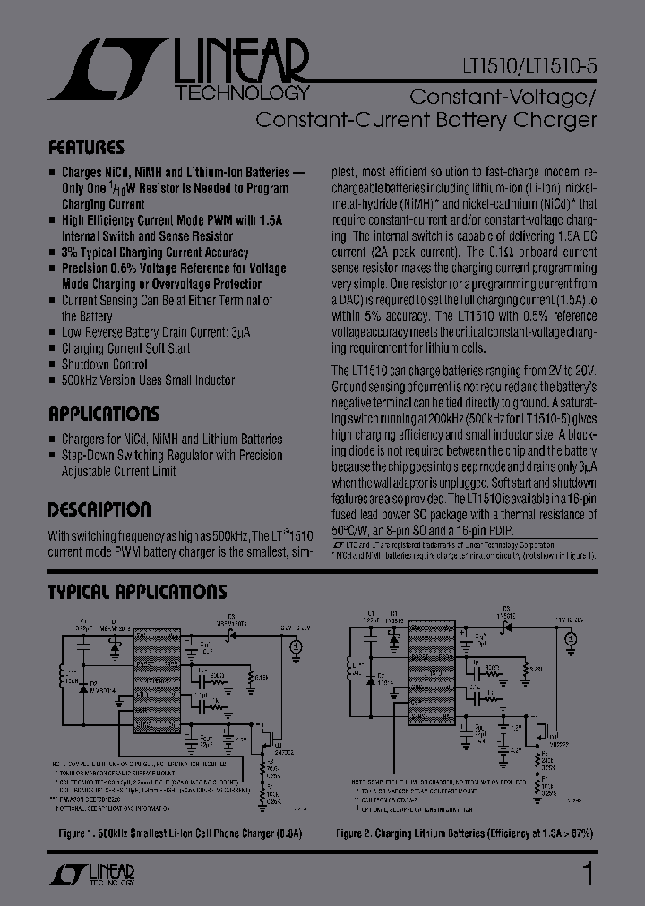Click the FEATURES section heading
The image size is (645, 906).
(86, 148)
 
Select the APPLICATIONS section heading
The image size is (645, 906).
(103, 415)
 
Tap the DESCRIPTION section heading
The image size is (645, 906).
(99, 510)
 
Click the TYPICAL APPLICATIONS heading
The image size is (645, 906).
(137, 593)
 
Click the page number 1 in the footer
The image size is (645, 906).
(588, 873)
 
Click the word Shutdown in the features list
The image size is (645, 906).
(83, 364)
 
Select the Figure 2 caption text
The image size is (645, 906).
(464, 833)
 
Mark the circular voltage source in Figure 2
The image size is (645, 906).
(570, 641)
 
